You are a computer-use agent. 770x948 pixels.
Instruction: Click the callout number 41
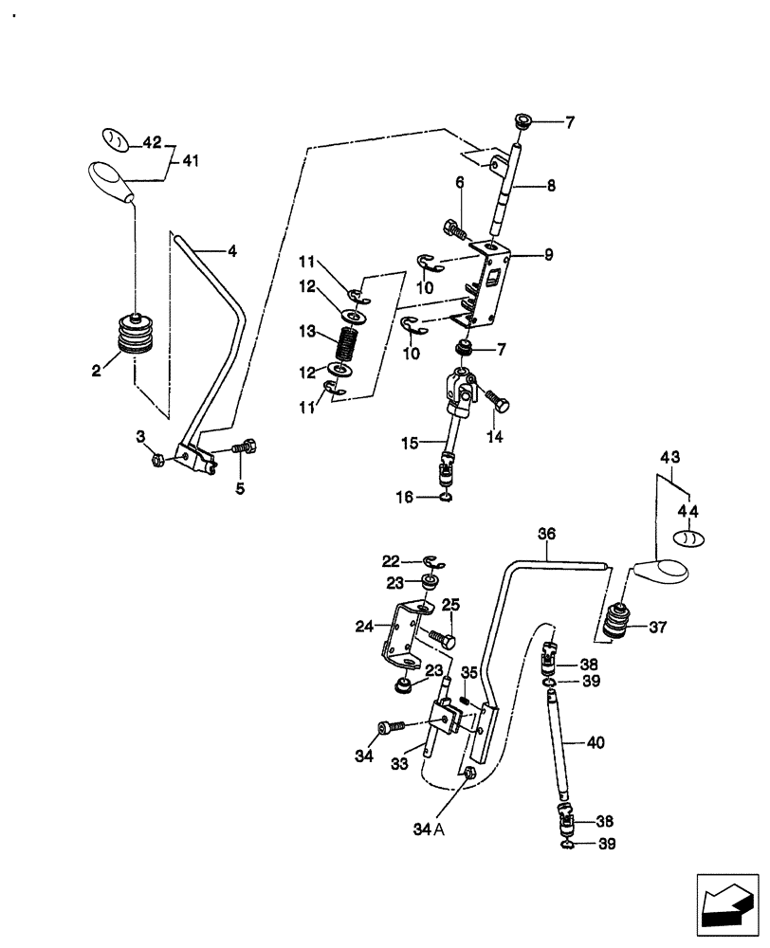tap(191, 162)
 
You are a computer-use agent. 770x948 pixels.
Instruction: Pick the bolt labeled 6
tap(455, 228)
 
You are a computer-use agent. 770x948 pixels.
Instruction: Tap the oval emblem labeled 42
tap(115, 138)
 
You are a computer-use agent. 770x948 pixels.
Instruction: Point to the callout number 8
tap(551, 188)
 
